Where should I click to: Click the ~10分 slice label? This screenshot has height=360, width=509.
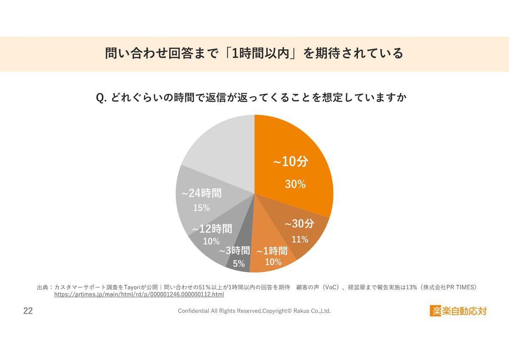point(290,162)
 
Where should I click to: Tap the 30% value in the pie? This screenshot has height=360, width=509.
point(295,184)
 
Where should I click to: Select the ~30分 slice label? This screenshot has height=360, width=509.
point(299,224)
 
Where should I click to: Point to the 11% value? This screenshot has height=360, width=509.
point(299,239)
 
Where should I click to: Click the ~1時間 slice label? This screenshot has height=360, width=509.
point(272,251)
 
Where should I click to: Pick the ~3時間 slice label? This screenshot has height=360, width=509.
point(234,251)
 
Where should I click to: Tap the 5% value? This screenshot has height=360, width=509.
point(239,264)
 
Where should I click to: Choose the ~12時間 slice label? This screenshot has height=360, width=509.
point(212,229)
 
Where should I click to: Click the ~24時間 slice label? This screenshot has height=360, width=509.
point(201,193)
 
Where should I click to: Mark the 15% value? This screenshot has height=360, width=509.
point(201,208)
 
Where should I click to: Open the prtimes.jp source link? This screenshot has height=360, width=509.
point(139,294)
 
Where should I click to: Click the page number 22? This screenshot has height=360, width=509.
point(28,311)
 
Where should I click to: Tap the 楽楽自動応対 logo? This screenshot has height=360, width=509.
point(459,311)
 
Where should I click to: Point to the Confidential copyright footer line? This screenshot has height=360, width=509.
point(254,311)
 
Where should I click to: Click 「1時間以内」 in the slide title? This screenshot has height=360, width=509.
point(261,54)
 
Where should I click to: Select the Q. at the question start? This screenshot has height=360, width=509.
point(101,98)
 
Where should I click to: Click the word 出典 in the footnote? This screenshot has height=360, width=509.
point(43,287)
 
